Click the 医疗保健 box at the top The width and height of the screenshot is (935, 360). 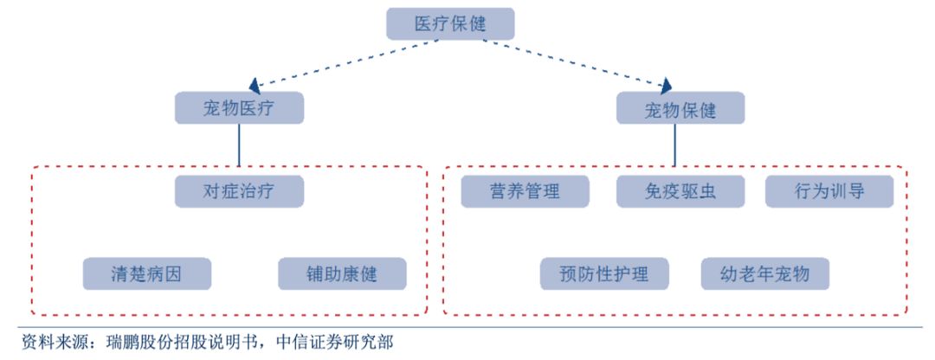point(449,23)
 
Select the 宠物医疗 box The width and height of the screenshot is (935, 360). point(239,109)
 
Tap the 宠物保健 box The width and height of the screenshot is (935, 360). point(680,109)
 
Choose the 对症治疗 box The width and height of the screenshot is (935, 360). point(239,191)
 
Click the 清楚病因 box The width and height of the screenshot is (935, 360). point(147,274)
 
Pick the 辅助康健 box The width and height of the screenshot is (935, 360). point(342,274)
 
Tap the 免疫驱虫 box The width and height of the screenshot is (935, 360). point(680,191)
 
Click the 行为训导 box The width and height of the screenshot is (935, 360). point(829,191)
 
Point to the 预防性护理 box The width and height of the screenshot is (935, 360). point(606,274)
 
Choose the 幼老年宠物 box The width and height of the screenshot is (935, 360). point(765,274)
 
